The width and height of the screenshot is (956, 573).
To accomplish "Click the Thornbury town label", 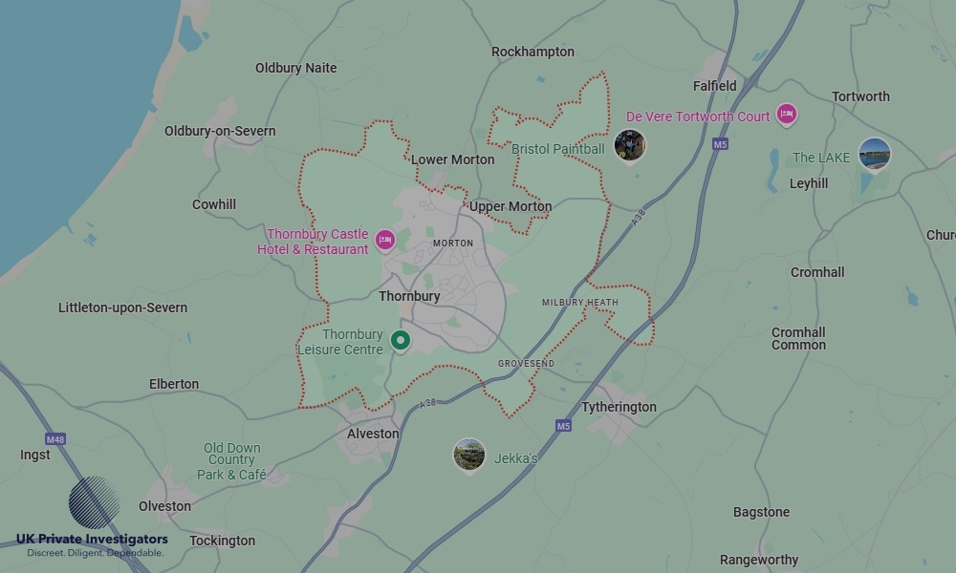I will (409, 296).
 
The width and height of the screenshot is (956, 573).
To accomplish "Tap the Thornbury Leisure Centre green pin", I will (401, 340).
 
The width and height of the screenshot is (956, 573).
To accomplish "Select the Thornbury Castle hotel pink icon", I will (385, 240).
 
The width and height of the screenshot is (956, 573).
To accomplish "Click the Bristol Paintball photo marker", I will (629, 145).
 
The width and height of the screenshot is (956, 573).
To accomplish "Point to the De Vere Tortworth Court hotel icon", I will (787, 116).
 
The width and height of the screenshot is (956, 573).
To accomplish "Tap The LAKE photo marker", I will (874, 154).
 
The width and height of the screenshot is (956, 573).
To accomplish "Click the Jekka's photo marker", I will (468, 455).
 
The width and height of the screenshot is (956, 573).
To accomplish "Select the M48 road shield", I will (55, 439).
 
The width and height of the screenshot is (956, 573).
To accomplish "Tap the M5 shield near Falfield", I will (720, 144).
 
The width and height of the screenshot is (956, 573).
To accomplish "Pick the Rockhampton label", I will (532, 52).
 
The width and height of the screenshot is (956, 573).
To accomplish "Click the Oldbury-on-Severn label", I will (220, 131).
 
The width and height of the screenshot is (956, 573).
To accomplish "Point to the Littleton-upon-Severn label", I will (122, 308).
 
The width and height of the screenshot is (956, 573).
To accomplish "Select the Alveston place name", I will (373, 434).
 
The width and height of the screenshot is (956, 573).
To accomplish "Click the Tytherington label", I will (619, 407).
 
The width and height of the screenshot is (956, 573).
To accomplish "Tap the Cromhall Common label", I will (798, 338).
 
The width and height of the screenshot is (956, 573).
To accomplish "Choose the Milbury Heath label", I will (579, 303).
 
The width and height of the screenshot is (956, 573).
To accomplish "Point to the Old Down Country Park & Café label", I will (231, 461).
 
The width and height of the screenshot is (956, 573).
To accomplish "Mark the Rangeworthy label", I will (759, 560).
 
